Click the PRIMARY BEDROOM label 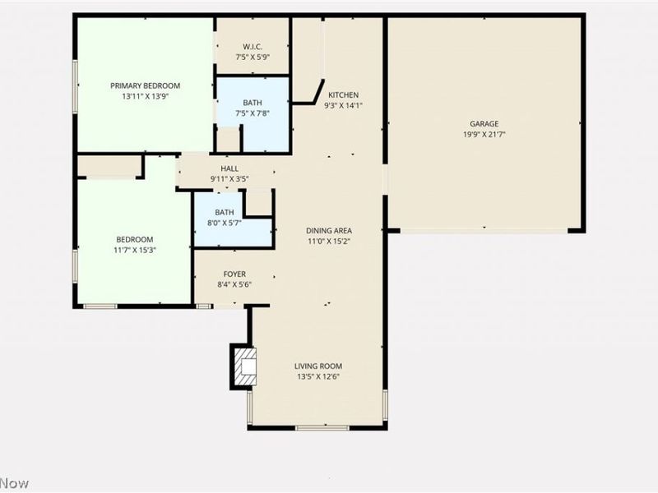pyautogui.click(x=146, y=85)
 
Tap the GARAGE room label pyautogui.click(x=484, y=124)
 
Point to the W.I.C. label pyautogui.click(x=252, y=46)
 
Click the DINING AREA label pyautogui.click(x=329, y=231)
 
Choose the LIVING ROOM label pyautogui.click(x=318, y=366)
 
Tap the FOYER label pyautogui.click(x=234, y=274)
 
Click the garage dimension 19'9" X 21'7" pyautogui.click(x=484, y=134)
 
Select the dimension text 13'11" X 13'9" pyautogui.click(x=146, y=96)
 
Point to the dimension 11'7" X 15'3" pyautogui.click(x=135, y=250)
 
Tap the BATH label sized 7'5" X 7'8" pyautogui.click(x=252, y=104)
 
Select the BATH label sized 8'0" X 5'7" pyautogui.click(x=225, y=213)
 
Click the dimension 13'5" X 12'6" pyautogui.click(x=318, y=376)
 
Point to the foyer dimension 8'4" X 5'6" pyautogui.click(x=234, y=284)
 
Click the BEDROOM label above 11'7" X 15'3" pyautogui.click(x=135, y=239)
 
